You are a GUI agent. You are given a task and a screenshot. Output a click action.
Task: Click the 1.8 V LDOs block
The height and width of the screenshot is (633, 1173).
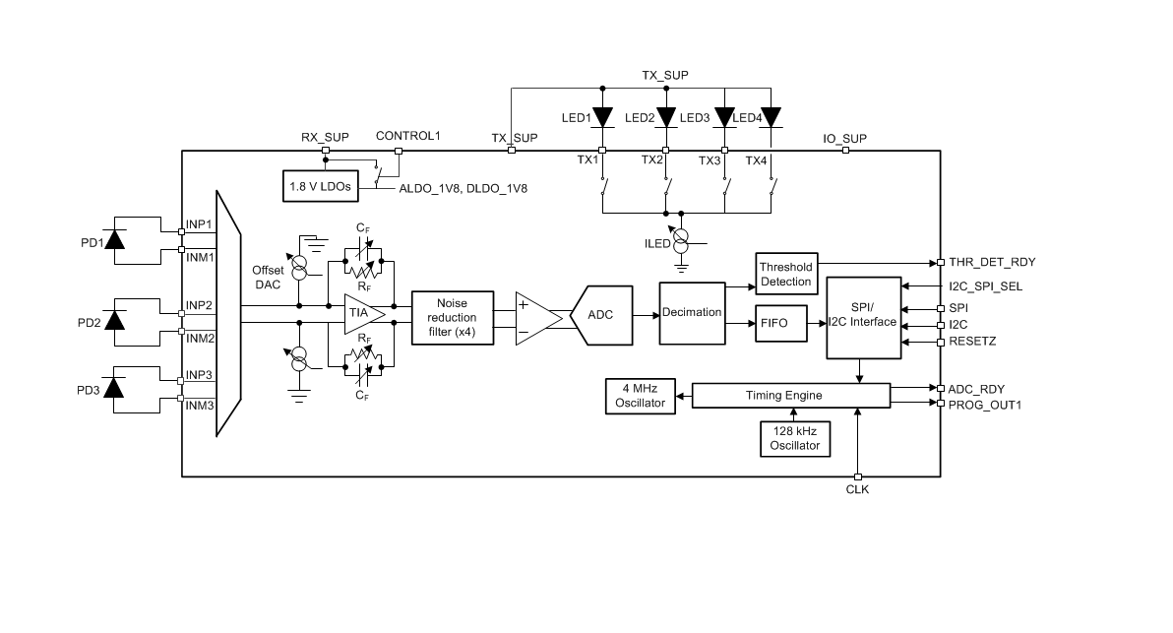[x=320, y=186]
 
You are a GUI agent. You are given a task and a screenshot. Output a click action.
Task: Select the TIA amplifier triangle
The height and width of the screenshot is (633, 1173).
[x=364, y=313]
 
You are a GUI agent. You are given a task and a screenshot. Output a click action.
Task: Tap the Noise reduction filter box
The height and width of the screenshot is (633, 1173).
[x=453, y=318]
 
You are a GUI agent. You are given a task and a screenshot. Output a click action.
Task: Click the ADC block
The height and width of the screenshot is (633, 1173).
[x=601, y=315]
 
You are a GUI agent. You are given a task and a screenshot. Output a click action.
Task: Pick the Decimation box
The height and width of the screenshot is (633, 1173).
[x=692, y=313]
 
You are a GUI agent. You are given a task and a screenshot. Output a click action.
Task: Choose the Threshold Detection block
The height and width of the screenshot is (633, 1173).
[x=786, y=274]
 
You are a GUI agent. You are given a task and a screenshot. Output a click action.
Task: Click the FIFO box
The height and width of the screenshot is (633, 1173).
[x=781, y=323]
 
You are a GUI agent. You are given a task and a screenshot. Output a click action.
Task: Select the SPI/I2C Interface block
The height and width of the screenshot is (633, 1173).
[x=863, y=318]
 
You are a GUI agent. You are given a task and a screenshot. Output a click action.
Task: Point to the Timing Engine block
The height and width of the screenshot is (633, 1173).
[x=791, y=396]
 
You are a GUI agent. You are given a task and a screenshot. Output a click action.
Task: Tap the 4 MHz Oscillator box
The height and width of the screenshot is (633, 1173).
[x=641, y=396]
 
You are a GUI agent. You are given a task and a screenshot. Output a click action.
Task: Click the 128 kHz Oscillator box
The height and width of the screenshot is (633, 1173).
[x=795, y=438]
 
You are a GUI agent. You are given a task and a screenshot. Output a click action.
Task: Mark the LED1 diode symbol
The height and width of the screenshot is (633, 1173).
[x=602, y=117]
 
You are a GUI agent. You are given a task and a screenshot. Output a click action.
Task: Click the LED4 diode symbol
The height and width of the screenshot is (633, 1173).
[x=771, y=117]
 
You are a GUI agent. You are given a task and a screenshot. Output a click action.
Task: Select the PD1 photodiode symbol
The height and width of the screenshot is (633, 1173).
[x=114, y=239]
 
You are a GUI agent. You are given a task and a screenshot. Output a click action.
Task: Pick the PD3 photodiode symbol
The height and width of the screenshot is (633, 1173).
[x=114, y=388]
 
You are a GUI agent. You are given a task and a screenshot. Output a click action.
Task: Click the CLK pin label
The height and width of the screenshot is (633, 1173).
[x=857, y=489]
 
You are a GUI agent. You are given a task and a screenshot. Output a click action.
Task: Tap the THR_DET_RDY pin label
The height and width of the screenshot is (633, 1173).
[x=992, y=262]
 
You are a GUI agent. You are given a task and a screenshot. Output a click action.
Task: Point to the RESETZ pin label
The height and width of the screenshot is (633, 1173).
[x=972, y=342]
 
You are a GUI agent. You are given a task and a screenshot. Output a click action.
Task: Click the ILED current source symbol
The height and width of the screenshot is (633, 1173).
[x=681, y=241]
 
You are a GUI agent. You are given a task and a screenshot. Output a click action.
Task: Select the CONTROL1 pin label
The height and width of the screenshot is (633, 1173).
[x=407, y=136]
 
